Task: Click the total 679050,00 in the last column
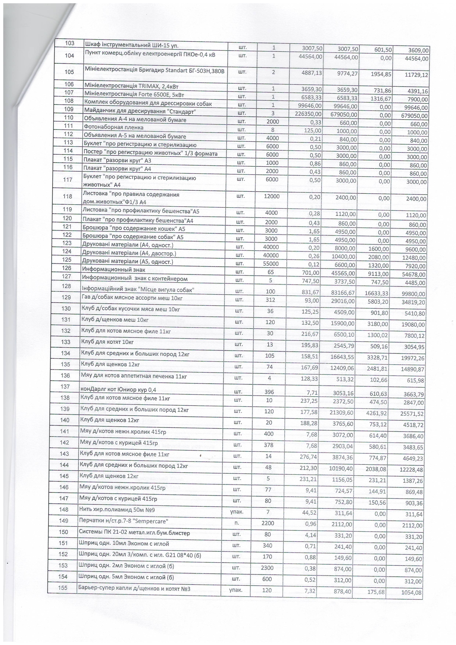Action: click(414, 116)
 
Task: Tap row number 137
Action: click(65, 386)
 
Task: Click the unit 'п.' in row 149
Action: click(237, 523)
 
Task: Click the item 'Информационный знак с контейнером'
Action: click(135, 279)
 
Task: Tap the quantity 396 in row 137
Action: click(269, 392)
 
